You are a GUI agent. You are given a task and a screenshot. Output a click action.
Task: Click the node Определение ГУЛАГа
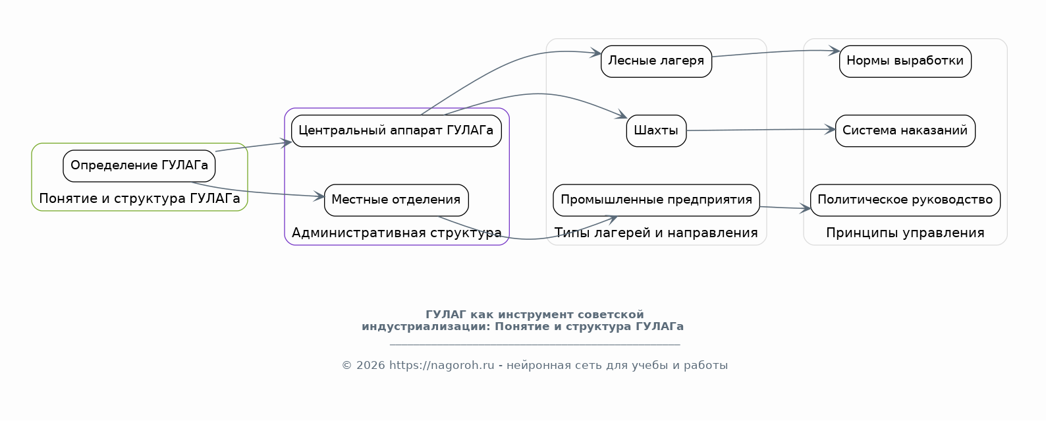(x=139, y=166)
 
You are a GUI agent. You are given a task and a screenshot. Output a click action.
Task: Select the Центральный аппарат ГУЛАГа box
(x=397, y=131)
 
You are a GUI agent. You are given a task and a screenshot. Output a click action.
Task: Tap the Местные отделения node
(x=397, y=200)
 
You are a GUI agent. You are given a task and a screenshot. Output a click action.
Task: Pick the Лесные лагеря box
(x=656, y=61)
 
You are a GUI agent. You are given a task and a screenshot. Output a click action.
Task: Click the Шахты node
(x=656, y=131)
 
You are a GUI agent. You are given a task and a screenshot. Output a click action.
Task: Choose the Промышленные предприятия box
(x=656, y=200)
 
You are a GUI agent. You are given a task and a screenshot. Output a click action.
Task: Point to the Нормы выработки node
(x=905, y=61)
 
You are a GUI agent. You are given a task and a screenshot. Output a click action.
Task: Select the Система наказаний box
(x=905, y=131)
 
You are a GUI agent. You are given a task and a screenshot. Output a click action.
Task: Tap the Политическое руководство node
(x=905, y=200)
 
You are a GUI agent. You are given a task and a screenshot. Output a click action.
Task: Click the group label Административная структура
(x=397, y=233)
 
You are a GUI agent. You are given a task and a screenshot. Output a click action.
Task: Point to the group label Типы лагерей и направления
(x=656, y=233)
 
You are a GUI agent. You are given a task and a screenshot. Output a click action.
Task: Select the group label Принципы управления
(x=905, y=233)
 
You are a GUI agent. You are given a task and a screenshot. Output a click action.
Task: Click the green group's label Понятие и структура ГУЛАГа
(x=139, y=198)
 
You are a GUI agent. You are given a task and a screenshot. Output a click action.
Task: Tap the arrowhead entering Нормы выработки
(x=834, y=51)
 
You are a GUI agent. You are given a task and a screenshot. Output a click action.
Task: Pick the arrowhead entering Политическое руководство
(x=805, y=208)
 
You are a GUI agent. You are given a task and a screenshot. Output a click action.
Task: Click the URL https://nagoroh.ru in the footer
(x=441, y=366)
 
